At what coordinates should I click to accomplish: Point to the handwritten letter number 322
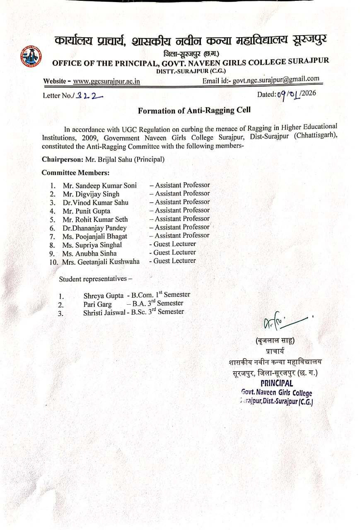click(x=90, y=96)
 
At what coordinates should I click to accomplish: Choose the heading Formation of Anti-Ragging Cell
click(x=194, y=111)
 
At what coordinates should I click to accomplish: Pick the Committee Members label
click(x=75, y=172)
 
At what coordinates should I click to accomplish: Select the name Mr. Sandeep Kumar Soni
click(x=99, y=185)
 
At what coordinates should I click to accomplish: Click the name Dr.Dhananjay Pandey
click(x=94, y=228)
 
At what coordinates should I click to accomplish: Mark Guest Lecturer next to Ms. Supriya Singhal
click(x=172, y=244)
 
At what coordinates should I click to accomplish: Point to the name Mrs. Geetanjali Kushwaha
click(x=101, y=262)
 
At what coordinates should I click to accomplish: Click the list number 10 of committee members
click(x=53, y=262)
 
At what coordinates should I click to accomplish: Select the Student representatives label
click(x=95, y=279)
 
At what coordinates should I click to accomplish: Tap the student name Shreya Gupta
click(x=103, y=296)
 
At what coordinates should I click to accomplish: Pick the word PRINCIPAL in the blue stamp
click(x=276, y=383)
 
